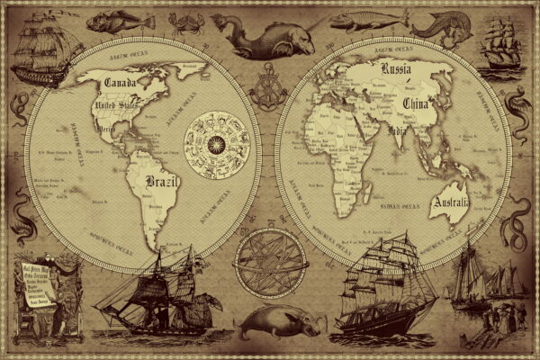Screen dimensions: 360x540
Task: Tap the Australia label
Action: pyautogui.click(x=449, y=205)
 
